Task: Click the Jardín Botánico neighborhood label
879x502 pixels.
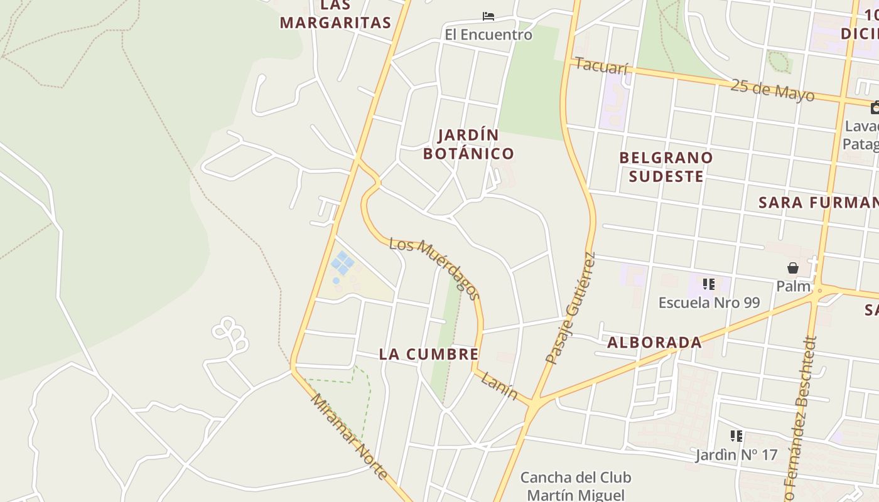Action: pyautogui.click(x=468, y=144)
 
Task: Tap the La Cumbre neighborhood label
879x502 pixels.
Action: pyautogui.click(x=429, y=354)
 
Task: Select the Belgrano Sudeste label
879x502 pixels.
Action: pyautogui.click(x=666, y=166)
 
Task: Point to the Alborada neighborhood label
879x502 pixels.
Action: pyautogui.click(x=654, y=343)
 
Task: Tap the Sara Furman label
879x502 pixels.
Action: pyautogui.click(x=818, y=203)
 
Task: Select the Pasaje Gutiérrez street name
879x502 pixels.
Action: pyautogui.click(x=570, y=308)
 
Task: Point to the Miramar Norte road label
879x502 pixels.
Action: pyautogui.click(x=349, y=435)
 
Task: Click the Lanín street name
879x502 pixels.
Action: pyautogui.click(x=500, y=385)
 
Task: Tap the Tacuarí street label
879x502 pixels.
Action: pyautogui.click(x=601, y=66)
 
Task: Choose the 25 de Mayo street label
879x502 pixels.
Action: pyautogui.click(x=772, y=90)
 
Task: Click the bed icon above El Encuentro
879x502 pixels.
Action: pyautogui.click(x=488, y=16)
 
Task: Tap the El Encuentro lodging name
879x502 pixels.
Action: pyautogui.click(x=488, y=35)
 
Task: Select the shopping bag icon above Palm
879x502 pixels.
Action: pyautogui.click(x=793, y=269)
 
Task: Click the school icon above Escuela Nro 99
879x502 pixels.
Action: pyautogui.click(x=709, y=285)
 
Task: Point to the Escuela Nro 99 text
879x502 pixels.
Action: pyautogui.click(x=709, y=302)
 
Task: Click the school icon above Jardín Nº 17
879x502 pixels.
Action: pyautogui.click(x=736, y=436)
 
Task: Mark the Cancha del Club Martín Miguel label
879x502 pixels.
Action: pyautogui.click(x=576, y=486)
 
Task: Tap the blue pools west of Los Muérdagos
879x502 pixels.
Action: pyautogui.click(x=342, y=263)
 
